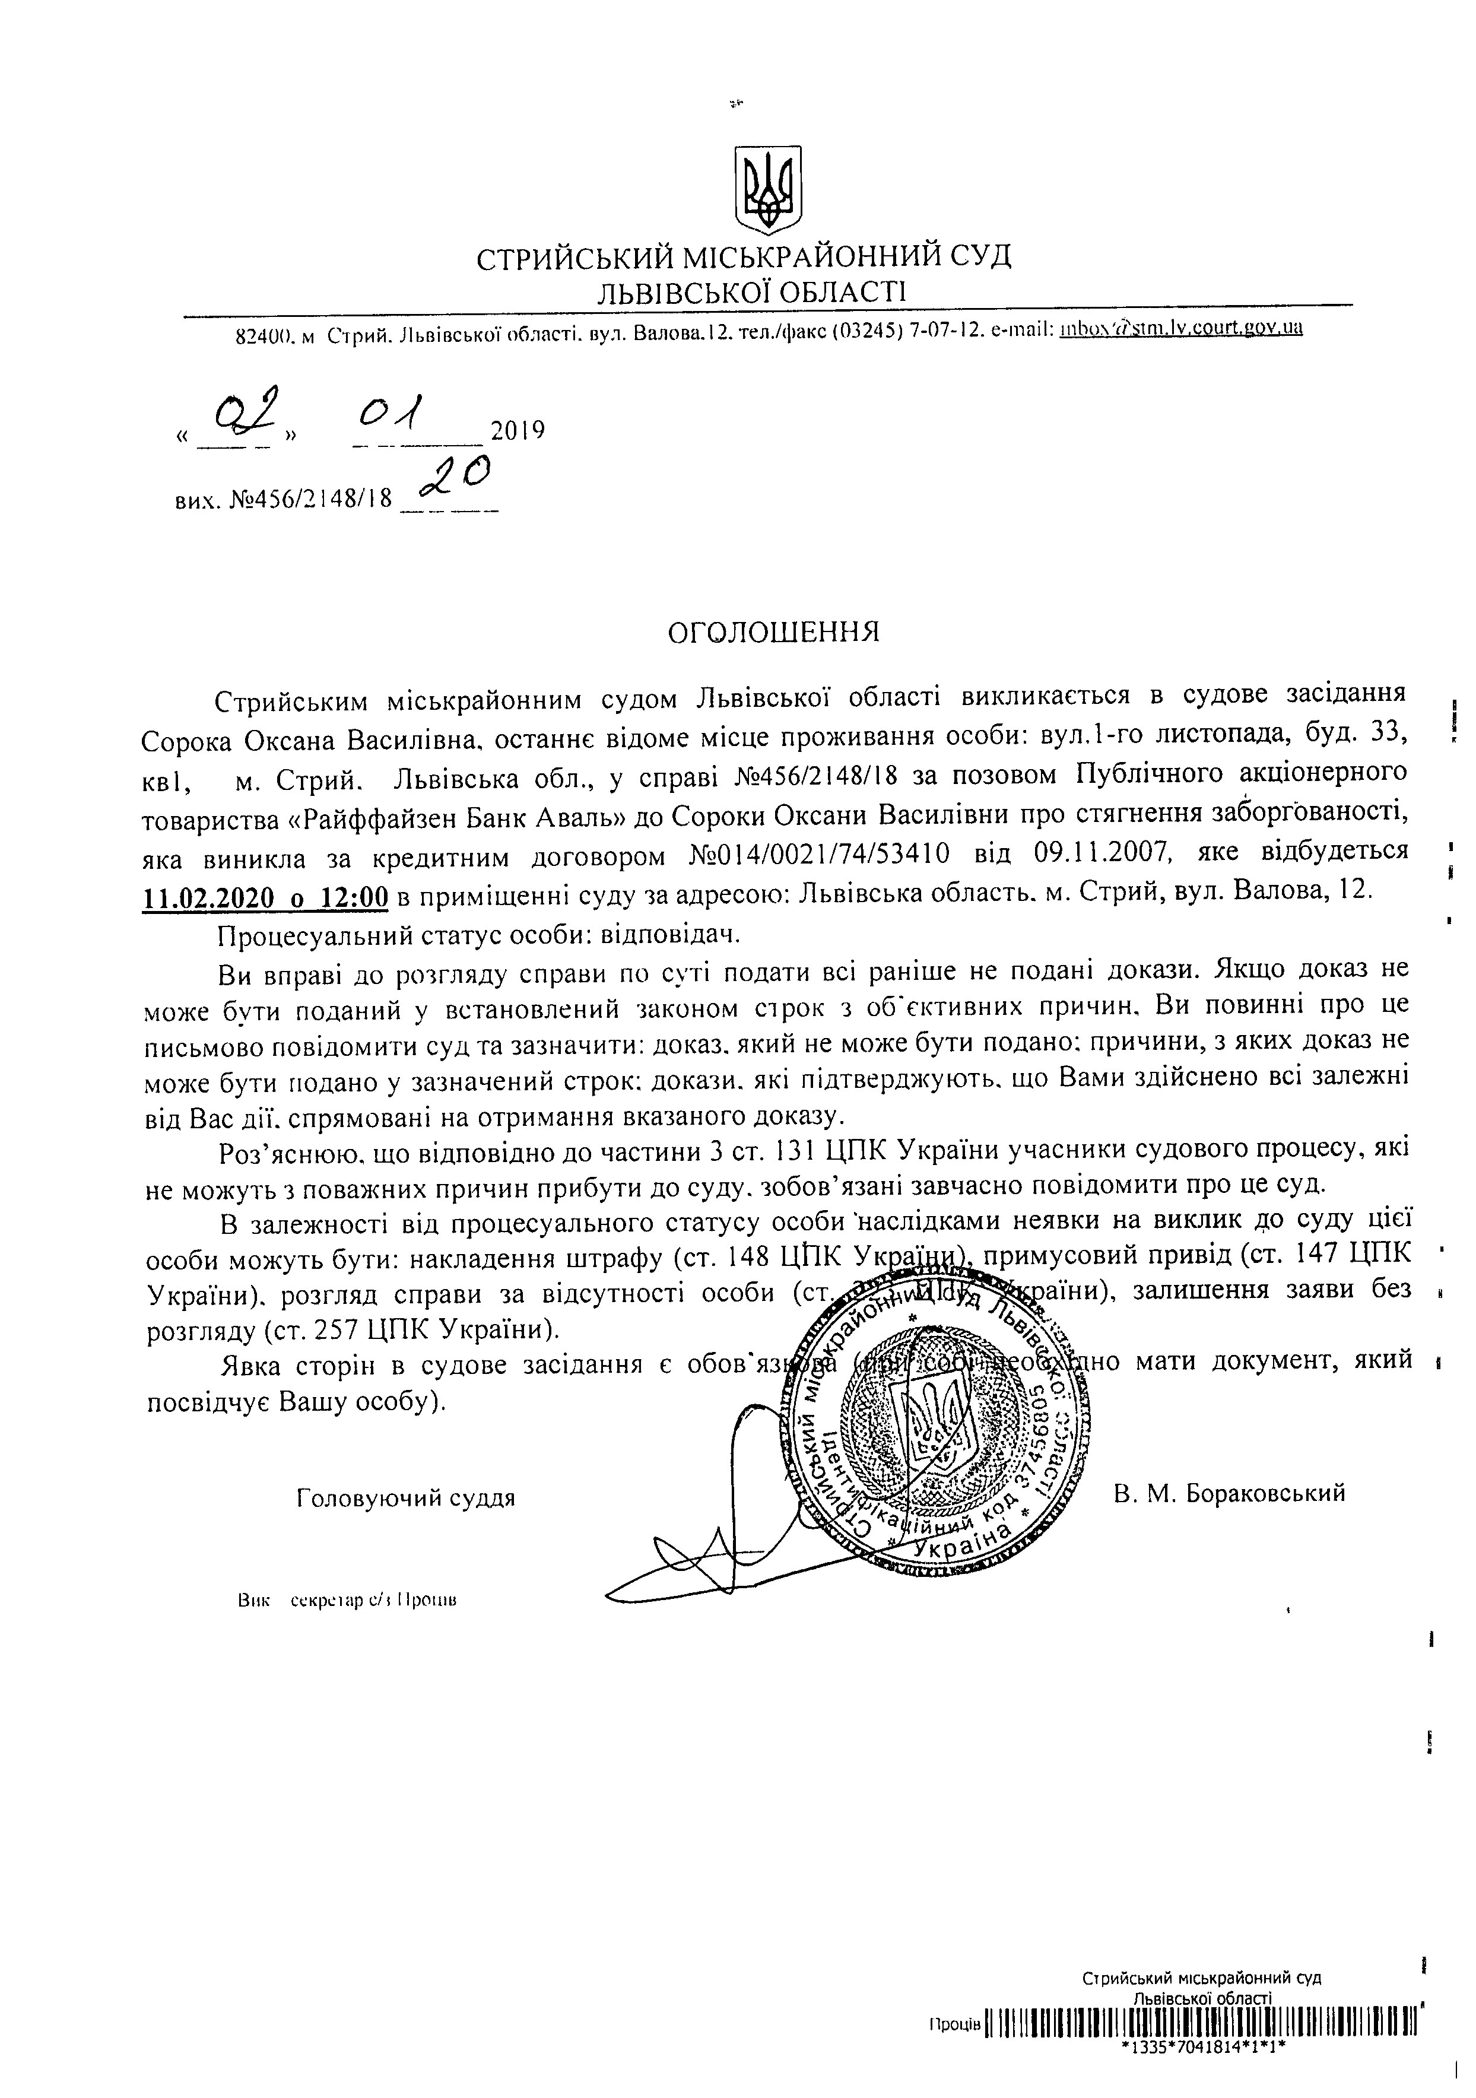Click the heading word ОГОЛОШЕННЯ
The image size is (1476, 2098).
(x=774, y=632)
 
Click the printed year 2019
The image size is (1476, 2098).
(x=518, y=430)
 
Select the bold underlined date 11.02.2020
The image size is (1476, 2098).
(x=208, y=897)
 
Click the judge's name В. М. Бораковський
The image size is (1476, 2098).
(x=1229, y=1493)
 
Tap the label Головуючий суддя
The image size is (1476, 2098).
(x=406, y=1499)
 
